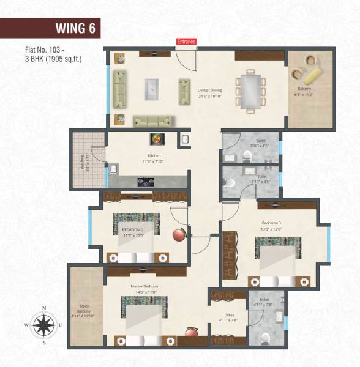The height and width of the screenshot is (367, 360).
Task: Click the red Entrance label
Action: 186,42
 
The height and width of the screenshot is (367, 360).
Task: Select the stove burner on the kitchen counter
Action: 146,181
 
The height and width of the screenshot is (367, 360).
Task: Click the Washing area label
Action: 82,164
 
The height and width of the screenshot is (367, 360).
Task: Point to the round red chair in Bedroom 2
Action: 179,236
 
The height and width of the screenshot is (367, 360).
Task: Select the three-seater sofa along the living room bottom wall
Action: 154,120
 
